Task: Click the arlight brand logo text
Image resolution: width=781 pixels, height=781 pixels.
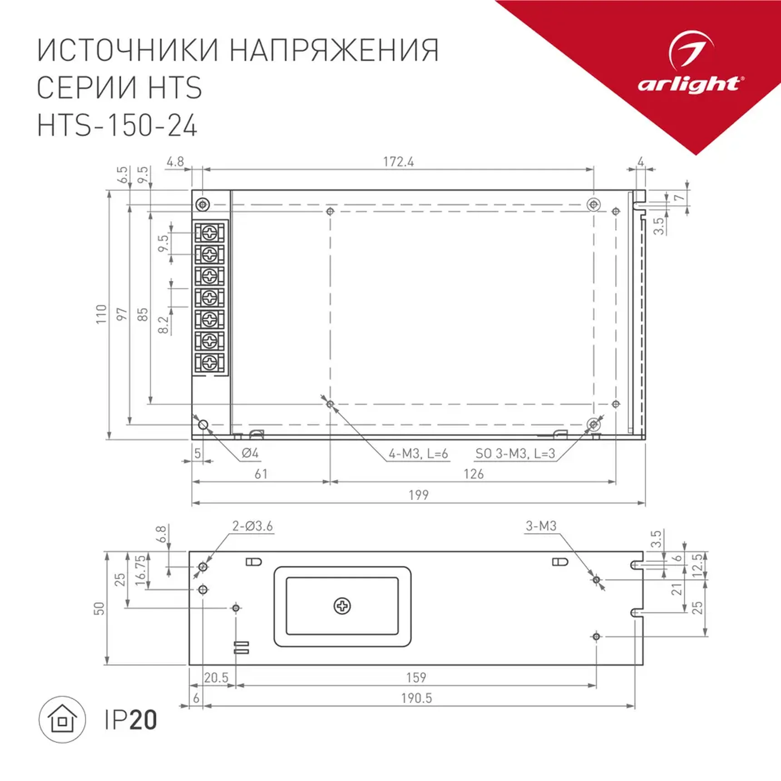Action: pyautogui.click(x=689, y=84)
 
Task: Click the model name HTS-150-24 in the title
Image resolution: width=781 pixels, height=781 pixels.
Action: pyautogui.click(x=117, y=126)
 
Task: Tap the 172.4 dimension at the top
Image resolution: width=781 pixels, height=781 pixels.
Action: pyautogui.click(x=398, y=162)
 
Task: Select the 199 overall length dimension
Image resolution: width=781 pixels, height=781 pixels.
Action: pyautogui.click(x=418, y=495)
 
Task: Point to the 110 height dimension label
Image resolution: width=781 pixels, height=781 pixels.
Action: pyautogui.click(x=101, y=314)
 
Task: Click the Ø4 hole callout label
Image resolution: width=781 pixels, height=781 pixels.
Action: pyautogui.click(x=250, y=453)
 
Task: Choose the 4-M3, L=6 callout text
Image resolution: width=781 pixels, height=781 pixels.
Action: pyautogui.click(x=418, y=454)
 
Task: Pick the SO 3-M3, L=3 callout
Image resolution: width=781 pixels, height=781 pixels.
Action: pyautogui.click(x=515, y=454)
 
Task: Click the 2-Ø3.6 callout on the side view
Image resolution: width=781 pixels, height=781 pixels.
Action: pyautogui.click(x=252, y=526)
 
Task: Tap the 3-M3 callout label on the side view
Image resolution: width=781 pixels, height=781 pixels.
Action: pyautogui.click(x=540, y=526)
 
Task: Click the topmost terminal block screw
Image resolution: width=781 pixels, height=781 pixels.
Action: pyautogui.click(x=209, y=233)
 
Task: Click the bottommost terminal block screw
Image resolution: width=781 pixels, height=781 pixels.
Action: pyautogui.click(x=209, y=362)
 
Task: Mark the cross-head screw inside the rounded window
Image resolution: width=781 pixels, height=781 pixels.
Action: pyautogui.click(x=342, y=606)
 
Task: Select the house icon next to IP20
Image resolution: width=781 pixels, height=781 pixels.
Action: pyautogui.click(x=62, y=720)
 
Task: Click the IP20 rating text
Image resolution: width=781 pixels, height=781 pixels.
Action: pyautogui.click(x=131, y=720)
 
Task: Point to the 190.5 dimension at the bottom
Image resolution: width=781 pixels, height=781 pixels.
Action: pyautogui.click(x=416, y=698)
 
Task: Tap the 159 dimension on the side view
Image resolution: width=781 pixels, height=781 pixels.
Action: pyautogui.click(x=416, y=678)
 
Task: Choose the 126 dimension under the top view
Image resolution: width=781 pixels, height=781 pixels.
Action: pyautogui.click(x=473, y=474)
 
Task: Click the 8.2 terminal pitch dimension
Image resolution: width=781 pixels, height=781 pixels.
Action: pyautogui.click(x=163, y=325)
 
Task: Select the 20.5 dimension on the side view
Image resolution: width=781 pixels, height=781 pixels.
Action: pyautogui.click(x=216, y=678)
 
